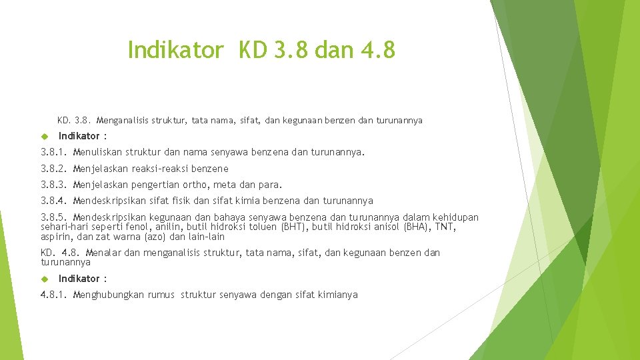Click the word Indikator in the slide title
(175, 49)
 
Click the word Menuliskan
(96, 152)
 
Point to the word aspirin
(55, 237)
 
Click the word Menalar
(103, 253)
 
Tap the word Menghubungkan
(109, 295)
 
